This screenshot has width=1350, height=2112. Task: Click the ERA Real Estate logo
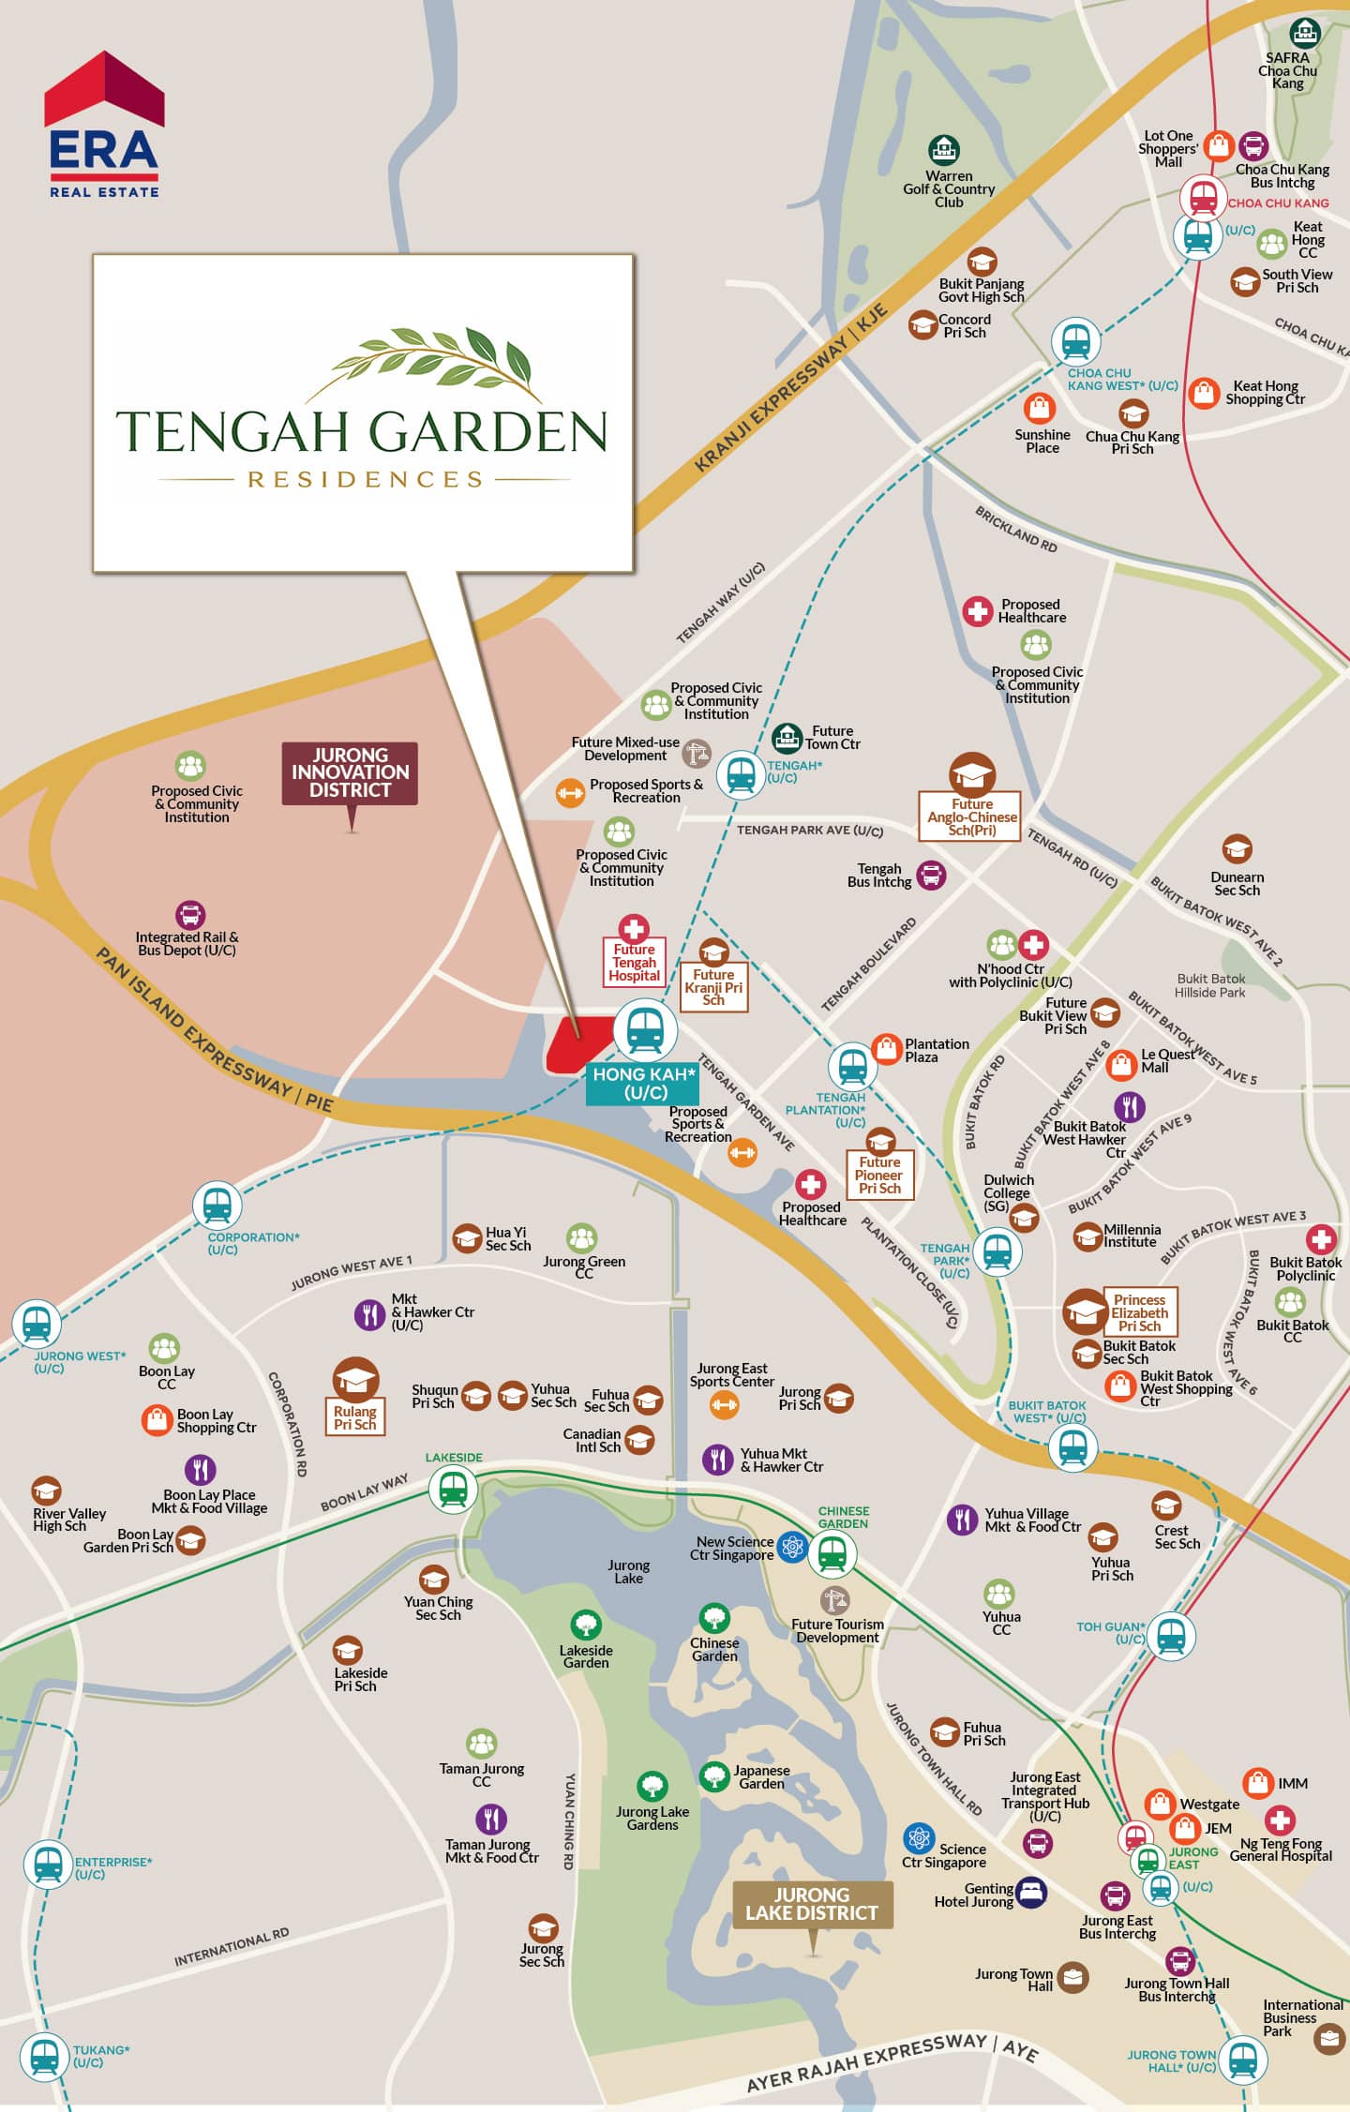click(x=104, y=126)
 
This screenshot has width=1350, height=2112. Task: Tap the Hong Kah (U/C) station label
click(x=644, y=1084)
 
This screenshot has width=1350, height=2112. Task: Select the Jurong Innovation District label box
click(x=350, y=772)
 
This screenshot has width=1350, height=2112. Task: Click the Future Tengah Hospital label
click(x=635, y=963)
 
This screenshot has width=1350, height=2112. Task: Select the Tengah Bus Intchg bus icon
click(x=930, y=876)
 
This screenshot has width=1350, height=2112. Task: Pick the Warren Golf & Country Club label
click(x=949, y=188)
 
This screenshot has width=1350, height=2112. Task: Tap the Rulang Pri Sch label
click(x=355, y=1417)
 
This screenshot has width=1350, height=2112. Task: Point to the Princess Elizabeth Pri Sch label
click(x=1139, y=1312)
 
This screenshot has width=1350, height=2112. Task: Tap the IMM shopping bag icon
click(x=1257, y=1783)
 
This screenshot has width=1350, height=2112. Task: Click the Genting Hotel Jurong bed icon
click(x=1030, y=1893)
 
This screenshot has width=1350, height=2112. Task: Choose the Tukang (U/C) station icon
click(x=44, y=2057)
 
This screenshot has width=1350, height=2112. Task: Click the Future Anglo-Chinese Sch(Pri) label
click(x=971, y=817)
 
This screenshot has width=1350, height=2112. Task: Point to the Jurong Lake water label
click(x=628, y=1572)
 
